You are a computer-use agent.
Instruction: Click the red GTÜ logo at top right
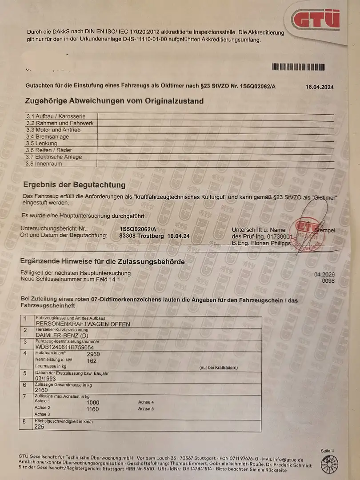pos(316,19)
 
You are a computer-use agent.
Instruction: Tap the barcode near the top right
pos(298,67)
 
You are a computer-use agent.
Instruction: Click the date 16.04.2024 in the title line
pos(319,87)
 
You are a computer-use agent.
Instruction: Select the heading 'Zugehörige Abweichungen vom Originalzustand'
pos(114,101)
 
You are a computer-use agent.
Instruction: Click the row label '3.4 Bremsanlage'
pos(48,137)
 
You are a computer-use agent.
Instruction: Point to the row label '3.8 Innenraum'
pos(44,164)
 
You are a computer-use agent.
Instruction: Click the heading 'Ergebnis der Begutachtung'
pos(74,185)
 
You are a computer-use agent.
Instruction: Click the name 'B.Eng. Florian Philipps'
pos(261,243)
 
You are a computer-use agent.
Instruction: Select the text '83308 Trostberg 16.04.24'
pos(155,236)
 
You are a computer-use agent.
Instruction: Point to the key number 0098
pos(328,280)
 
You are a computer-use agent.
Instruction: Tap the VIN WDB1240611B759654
pos(65,347)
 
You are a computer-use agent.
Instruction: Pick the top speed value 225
pos(40,426)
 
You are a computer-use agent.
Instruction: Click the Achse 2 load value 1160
pos(93,408)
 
